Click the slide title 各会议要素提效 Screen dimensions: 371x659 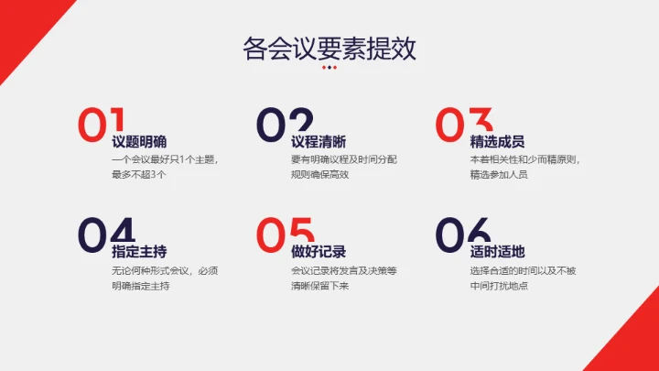click(x=329, y=47)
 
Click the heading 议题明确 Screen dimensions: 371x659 click(x=139, y=142)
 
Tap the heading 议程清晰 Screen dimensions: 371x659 click(x=319, y=142)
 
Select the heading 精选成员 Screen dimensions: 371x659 click(x=497, y=142)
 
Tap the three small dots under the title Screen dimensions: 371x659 click(x=329, y=67)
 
